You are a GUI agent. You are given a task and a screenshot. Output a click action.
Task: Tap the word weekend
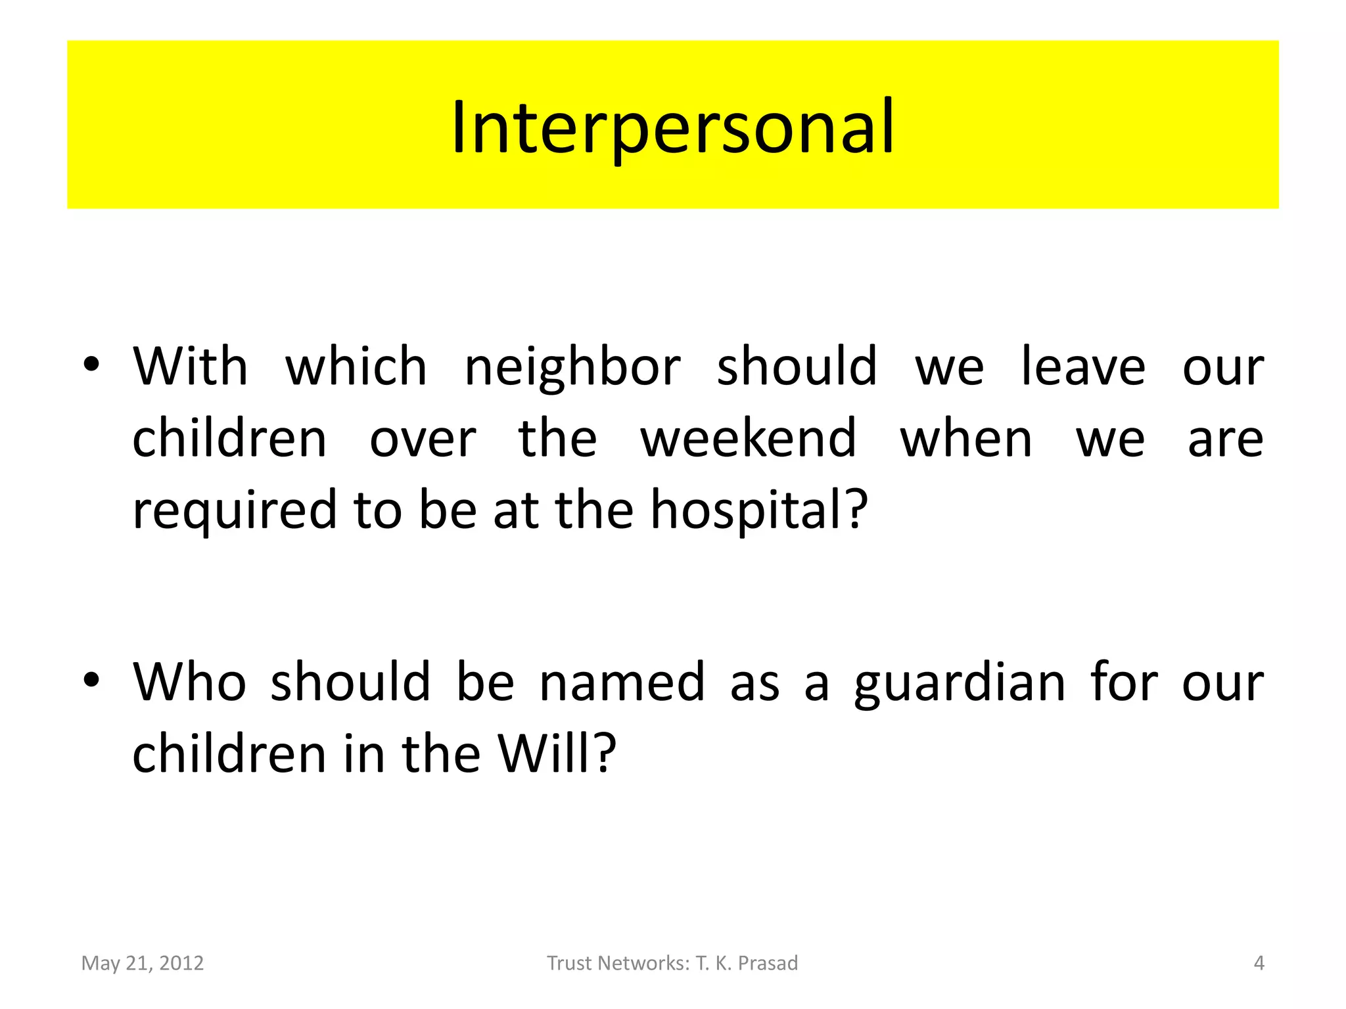click(749, 439)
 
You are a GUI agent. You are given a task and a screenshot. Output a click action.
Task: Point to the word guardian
click(960, 683)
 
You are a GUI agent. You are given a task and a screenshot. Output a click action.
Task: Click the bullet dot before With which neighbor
click(91, 364)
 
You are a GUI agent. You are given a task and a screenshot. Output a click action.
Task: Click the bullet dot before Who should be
click(91, 680)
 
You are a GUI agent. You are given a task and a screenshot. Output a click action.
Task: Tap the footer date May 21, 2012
click(143, 963)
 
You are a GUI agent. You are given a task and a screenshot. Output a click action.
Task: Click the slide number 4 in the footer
click(1259, 963)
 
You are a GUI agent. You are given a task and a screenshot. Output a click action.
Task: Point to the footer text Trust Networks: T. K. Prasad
click(672, 963)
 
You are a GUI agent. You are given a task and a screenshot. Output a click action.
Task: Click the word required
click(235, 512)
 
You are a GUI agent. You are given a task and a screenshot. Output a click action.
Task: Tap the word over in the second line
click(423, 439)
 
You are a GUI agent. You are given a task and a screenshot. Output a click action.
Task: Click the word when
click(966, 439)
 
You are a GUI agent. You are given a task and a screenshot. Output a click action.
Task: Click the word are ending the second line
click(1226, 439)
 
